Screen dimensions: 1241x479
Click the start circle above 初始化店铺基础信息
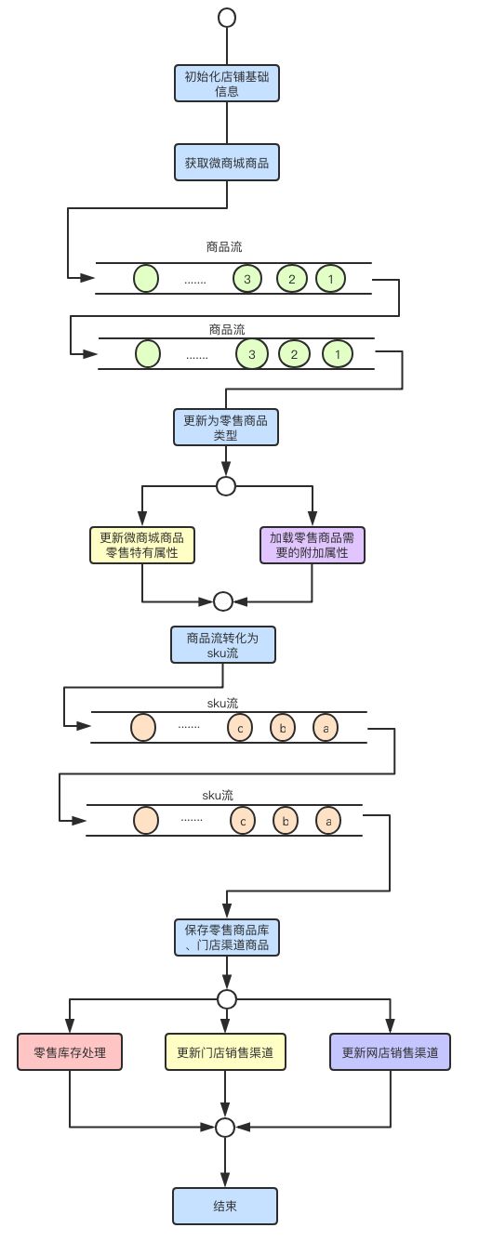226,18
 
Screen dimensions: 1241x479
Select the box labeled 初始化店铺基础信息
226,83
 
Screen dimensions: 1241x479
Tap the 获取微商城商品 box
226,162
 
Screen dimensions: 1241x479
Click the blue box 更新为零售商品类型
225,428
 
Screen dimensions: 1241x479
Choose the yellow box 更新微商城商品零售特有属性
141,545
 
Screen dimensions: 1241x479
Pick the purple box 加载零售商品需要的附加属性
312,545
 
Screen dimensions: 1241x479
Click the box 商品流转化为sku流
223,644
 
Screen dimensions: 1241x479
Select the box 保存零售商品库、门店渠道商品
226,938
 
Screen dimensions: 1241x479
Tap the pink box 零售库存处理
70,1052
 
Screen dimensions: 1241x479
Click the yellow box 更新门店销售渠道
225,1052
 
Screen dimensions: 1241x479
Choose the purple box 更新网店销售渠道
390,1052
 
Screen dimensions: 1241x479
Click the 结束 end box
224,1206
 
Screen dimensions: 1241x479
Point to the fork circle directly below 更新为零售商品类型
225,485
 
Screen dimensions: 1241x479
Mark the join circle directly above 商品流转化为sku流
223,601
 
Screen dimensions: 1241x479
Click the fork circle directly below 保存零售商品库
226,998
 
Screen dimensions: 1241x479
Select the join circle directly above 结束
224,1127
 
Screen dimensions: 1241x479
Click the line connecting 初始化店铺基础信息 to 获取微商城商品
226,123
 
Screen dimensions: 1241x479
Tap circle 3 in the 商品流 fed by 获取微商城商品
247,278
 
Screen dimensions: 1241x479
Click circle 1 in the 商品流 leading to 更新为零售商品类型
338,353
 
